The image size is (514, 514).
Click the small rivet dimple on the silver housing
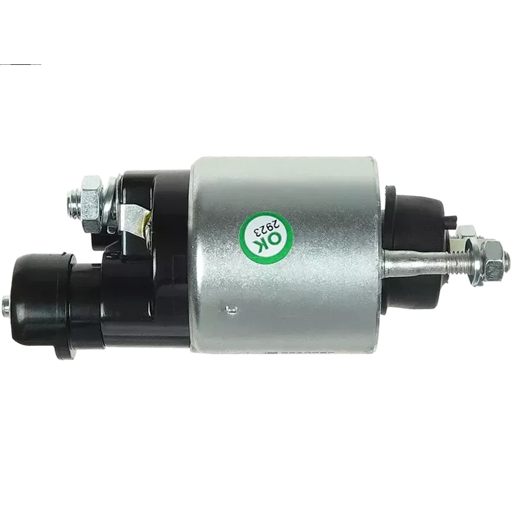(x=231, y=308)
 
